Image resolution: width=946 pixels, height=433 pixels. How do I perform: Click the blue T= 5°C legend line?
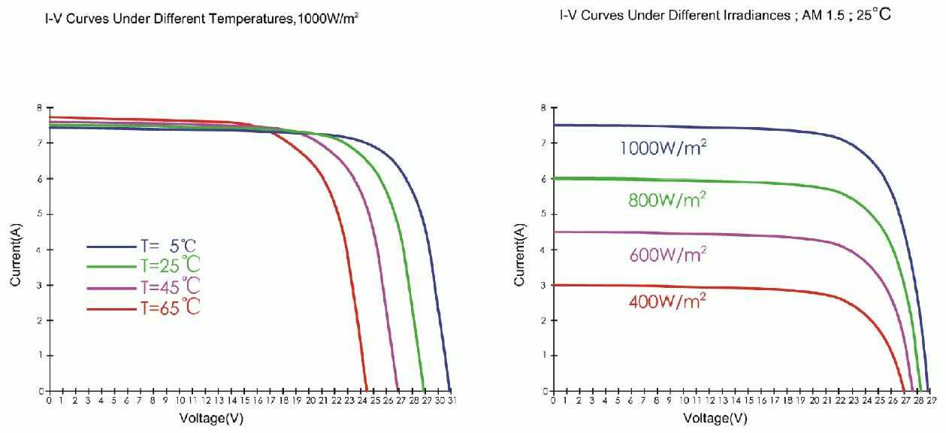coord(111,246)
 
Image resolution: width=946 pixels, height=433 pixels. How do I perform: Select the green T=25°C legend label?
coord(170,265)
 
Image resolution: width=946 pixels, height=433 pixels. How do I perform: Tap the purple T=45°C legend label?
coord(170,286)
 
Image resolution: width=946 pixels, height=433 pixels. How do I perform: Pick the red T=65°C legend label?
coord(170,307)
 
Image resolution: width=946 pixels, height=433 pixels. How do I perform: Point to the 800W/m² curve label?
coord(666,200)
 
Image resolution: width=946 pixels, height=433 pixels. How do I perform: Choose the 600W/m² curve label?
coord(666,255)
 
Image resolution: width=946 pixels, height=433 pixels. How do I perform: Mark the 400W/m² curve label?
coord(666,302)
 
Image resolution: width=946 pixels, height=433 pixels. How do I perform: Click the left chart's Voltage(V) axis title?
coord(211,418)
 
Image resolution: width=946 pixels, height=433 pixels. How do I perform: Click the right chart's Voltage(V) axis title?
coord(716,418)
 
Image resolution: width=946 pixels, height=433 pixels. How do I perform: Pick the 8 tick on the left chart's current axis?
coord(38,108)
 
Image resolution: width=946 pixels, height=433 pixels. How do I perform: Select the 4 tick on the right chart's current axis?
coord(542,250)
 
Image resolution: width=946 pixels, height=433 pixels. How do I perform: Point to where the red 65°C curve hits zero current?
coord(365,391)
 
